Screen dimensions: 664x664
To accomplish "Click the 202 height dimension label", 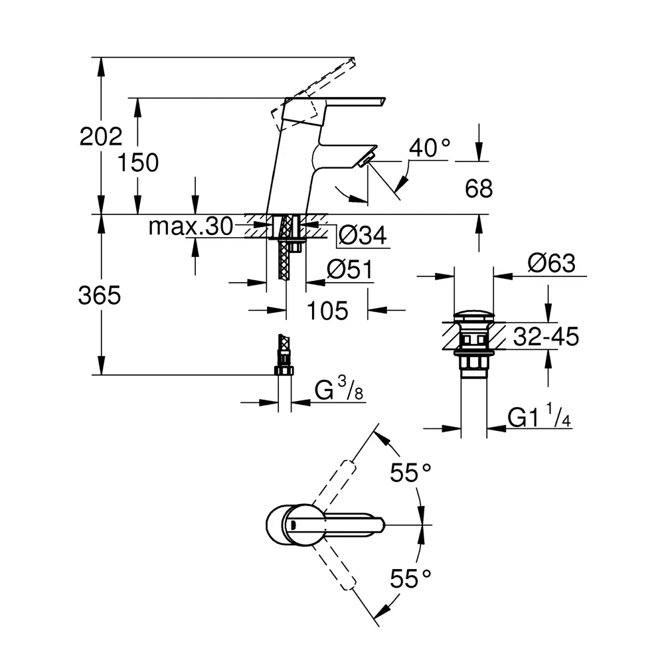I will tap(101, 137).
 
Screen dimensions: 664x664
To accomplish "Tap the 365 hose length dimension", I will tap(100, 295).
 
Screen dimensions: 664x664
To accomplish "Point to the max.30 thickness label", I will tap(191, 228).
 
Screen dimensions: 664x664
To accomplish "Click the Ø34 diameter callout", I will tap(363, 235).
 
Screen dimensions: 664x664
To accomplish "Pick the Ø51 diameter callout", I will tap(349, 271).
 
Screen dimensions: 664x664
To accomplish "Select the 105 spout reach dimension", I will tap(327, 310).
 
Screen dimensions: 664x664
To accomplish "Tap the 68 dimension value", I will tap(479, 189).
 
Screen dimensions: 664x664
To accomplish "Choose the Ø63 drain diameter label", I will tap(550, 264).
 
